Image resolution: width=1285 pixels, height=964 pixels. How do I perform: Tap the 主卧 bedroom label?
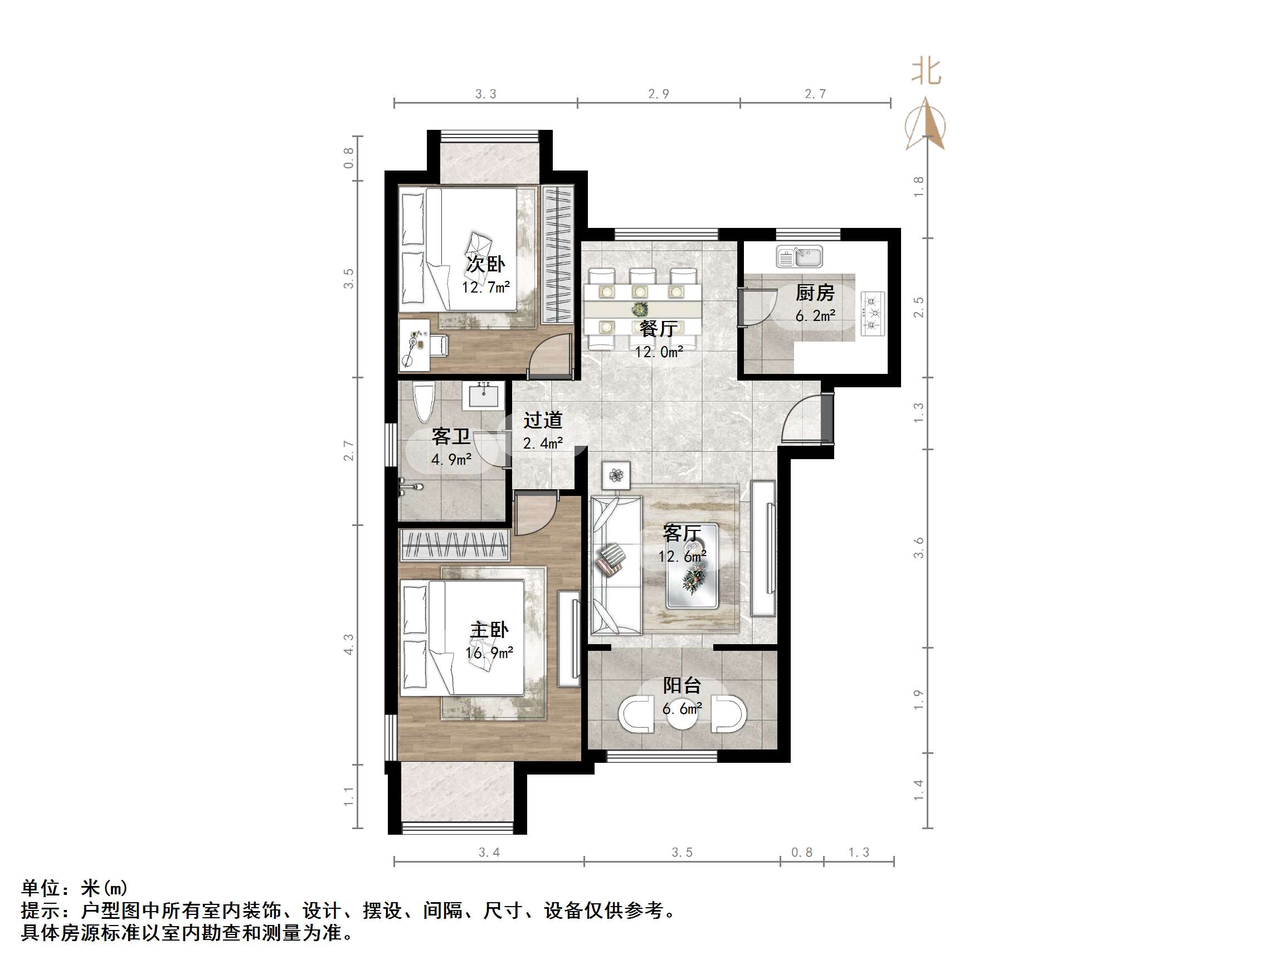click(489, 630)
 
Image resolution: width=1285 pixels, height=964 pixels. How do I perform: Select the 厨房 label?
click(815, 293)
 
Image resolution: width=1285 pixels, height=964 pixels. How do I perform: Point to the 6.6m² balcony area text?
click(682, 709)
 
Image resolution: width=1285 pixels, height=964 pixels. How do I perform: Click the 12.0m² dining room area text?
click(658, 352)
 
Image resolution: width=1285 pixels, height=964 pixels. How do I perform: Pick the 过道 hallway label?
click(543, 420)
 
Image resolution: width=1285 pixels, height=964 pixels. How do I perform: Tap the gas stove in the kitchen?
click(872, 313)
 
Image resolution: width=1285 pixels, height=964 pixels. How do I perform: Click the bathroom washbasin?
click(483, 395)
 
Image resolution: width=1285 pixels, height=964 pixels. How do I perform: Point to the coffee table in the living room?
click(692, 566)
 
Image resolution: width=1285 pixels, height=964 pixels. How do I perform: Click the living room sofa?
click(615, 564)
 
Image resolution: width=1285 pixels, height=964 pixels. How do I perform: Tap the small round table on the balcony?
click(682, 716)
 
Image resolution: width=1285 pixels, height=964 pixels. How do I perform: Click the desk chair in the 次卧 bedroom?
click(439, 345)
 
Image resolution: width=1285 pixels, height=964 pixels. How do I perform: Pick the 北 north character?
click(926, 71)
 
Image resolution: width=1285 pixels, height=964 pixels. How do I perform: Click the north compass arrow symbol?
click(926, 124)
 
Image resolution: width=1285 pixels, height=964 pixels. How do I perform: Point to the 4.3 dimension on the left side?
click(348, 644)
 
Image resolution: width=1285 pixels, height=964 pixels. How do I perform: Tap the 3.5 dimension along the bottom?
click(682, 853)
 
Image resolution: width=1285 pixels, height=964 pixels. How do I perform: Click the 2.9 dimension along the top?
click(658, 94)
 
